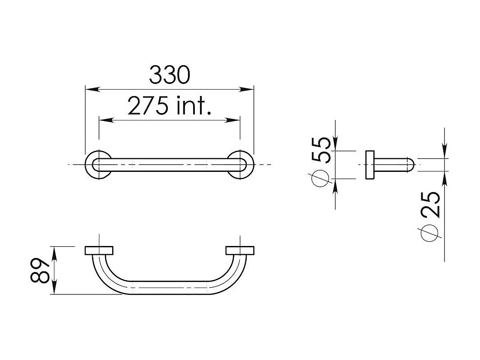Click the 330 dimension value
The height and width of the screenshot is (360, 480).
coord(169,75)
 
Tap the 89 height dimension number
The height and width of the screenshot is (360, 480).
coord(40,270)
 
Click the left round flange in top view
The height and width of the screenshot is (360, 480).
coord(98,165)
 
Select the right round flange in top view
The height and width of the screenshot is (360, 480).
coord(241,165)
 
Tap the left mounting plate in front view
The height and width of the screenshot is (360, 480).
coord(99,251)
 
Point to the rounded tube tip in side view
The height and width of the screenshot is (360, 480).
coord(411,165)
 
